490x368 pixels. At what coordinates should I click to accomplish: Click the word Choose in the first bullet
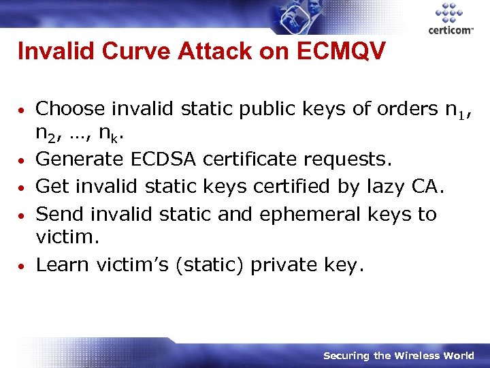pyautogui.click(x=70, y=109)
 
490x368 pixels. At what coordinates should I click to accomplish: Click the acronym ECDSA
pyautogui.click(x=157, y=159)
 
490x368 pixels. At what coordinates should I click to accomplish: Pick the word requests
pyautogui.click(x=344, y=159)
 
